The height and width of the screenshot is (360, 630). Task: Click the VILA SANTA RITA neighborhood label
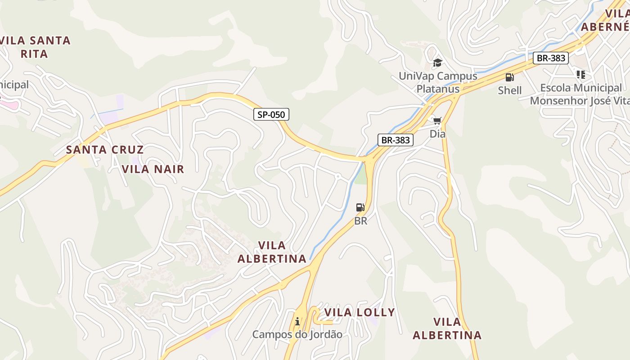(x=35, y=47)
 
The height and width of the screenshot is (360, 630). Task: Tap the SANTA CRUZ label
(x=105, y=150)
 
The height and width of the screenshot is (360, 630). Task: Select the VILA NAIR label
(x=153, y=169)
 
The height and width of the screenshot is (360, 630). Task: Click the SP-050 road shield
(x=271, y=114)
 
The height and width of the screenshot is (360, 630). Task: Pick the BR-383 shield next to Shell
(x=551, y=58)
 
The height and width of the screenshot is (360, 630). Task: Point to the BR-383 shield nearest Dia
(x=396, y=140)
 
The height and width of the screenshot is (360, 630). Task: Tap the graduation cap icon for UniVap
(x=437, y=63)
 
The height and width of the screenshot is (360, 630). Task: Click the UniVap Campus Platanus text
(x=438, y=82)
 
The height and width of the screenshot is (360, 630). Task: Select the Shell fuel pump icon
(x=509, y=77)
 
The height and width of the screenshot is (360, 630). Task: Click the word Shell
(x=509, y=90)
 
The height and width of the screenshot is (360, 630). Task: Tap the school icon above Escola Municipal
(x=580, y=74)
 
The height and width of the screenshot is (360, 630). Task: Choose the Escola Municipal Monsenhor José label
(x=580, y=94)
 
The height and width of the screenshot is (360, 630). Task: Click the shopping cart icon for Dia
(x=437, y=121)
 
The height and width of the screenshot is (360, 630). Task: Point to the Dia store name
(x=437, y=134)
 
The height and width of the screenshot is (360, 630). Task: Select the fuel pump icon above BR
(x=360, y=207)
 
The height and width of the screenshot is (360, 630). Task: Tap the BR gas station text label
(x=361, y=221)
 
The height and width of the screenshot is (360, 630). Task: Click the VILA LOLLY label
(x=360, y=312)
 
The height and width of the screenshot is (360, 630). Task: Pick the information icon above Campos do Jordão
(x=297, y=321)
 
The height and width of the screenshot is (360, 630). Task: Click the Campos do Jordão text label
(x=297, y=335)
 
